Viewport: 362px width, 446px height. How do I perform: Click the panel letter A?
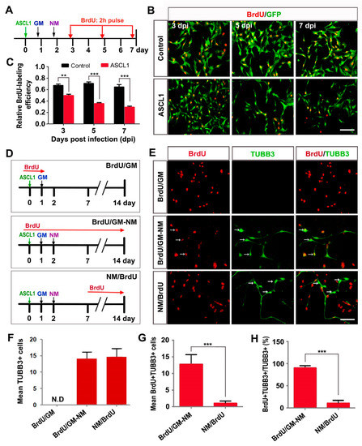(6, 7)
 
